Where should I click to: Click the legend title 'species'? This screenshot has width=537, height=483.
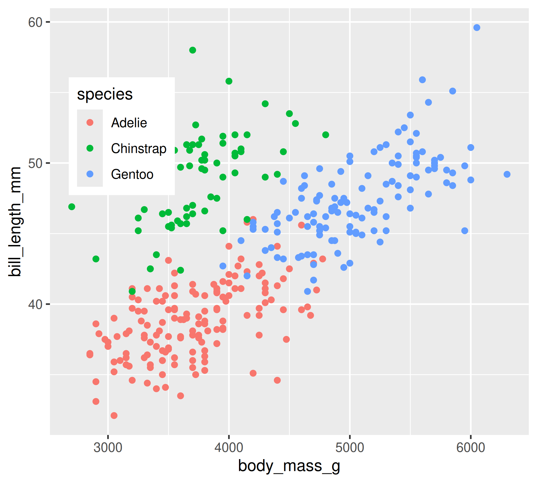point(105,94)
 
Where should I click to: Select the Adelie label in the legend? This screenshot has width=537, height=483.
point(129,123)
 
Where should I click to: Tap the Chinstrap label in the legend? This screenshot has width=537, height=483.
point(139,149)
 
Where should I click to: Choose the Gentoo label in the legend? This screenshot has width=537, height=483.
point(132,174)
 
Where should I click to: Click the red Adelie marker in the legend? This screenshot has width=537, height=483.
point(90,123)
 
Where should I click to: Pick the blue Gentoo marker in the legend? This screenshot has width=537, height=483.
point(90,174)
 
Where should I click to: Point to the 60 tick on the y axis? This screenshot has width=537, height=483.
point(35,22)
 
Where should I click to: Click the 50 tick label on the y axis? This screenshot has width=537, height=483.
point(35,163)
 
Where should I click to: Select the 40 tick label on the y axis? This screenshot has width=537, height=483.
point(35,305)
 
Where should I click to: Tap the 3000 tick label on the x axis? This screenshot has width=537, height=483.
point(108,448)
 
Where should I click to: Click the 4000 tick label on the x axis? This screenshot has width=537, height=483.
point(229,448)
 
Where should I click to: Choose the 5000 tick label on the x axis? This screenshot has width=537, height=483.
point(350,448)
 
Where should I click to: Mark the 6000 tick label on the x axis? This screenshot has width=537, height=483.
point(471,448)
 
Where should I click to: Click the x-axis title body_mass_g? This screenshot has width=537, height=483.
point(289,466)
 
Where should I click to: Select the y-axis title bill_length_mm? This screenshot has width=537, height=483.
point(15,221)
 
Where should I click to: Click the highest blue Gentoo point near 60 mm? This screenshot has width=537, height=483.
point(477,28)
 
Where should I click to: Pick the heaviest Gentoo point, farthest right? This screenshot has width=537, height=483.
point(507,174)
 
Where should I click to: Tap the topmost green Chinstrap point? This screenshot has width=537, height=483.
point(193,50)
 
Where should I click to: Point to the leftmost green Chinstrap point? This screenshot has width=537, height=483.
point(72,207)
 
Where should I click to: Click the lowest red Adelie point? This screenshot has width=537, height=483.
point(114,416)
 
